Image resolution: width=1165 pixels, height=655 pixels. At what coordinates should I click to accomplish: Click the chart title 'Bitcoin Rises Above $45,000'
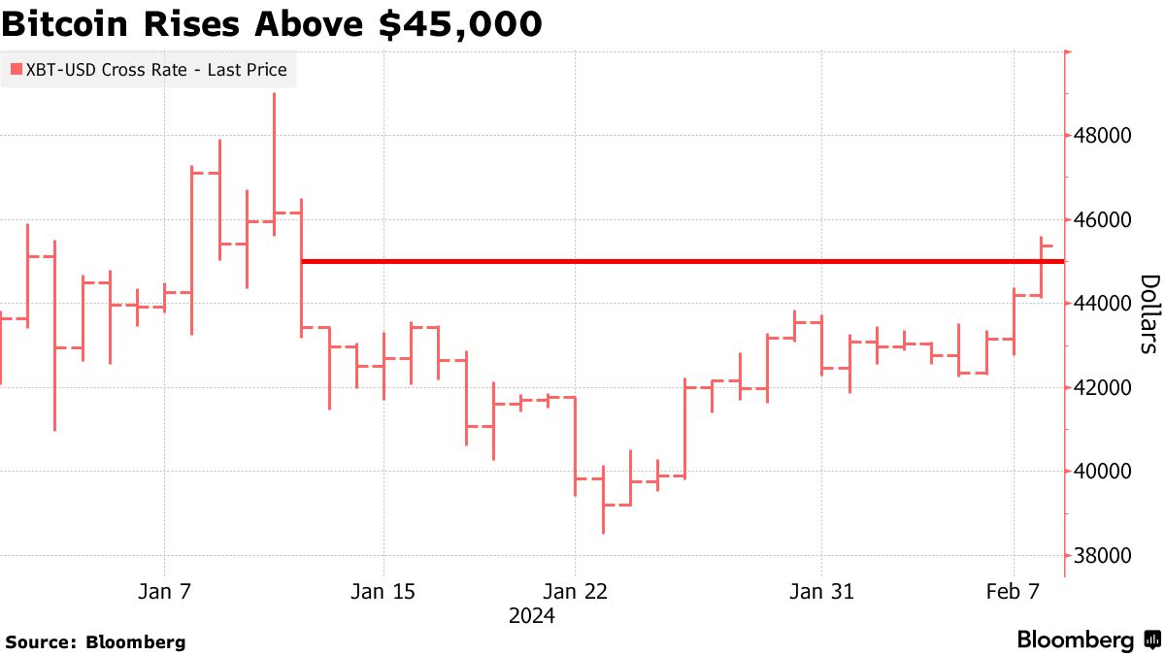click(x=272, y=24)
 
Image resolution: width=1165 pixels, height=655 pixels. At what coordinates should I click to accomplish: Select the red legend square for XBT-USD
click(x=16, y=70)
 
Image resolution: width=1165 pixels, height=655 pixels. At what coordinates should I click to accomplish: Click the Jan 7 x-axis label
click(x=164, y=591)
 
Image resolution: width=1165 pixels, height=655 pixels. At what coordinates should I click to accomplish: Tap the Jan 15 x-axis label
click(x=383, y=591)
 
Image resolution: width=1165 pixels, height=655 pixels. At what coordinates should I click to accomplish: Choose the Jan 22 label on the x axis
click(x=575, y=591)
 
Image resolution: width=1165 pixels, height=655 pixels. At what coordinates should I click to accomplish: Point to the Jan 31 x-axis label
click(x=821, y=591)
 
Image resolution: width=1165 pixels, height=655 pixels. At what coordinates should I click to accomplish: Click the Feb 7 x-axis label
click(x=1014, y=591)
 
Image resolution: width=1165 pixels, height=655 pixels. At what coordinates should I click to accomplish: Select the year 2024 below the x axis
click(x=532, y=615)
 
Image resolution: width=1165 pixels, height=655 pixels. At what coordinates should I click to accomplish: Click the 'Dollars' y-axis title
click(x=1148, y=313)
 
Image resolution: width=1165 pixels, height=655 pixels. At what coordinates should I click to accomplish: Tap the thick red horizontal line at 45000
click(x=680, y=261)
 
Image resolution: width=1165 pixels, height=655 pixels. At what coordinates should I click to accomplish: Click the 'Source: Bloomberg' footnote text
click(x=95, y=641)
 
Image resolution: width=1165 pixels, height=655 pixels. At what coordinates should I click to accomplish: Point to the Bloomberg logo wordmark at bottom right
click(x=1076, y=640)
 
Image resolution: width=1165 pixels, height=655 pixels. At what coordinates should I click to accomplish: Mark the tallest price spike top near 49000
click(x=274, y=94)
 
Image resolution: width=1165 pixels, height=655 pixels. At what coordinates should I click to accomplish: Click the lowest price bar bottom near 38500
click(x=603, y=532)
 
